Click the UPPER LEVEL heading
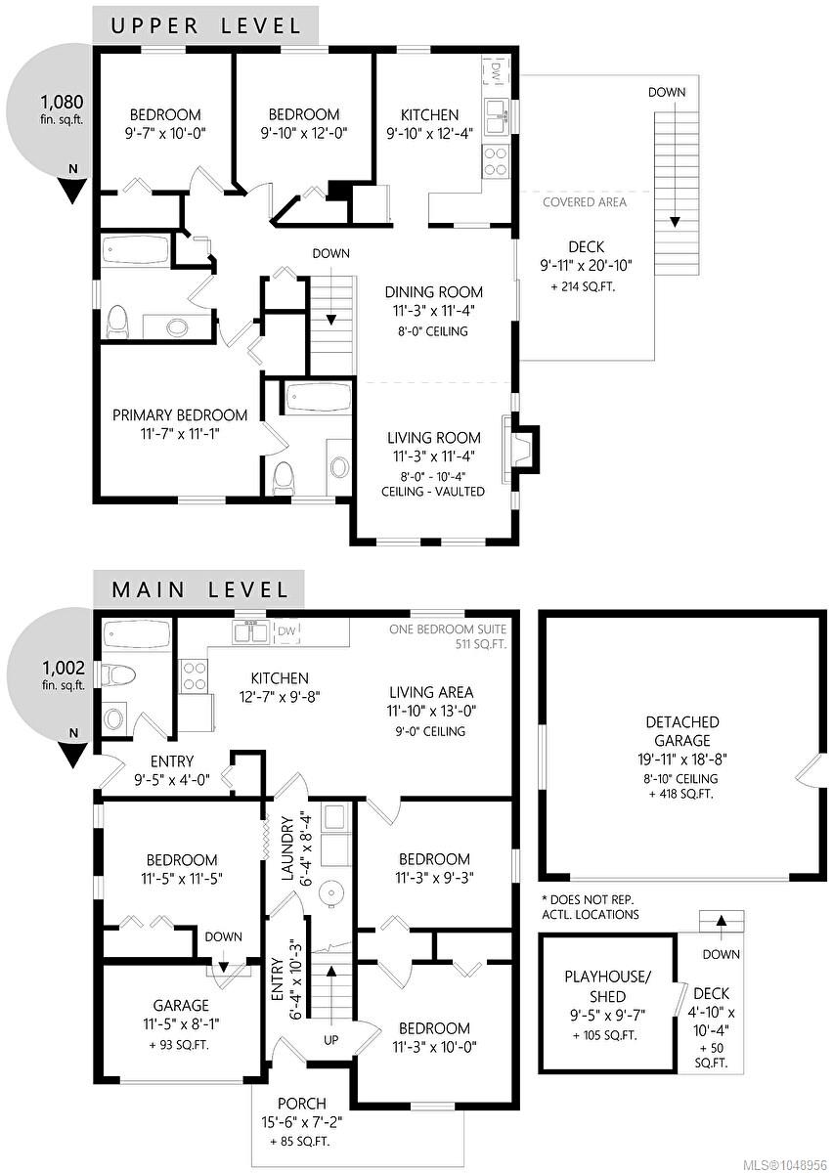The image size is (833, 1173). [206, 25]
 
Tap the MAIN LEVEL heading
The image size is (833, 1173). [199, 589]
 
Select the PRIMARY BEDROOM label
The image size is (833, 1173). [180, 415]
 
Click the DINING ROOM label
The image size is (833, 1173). [434, 291]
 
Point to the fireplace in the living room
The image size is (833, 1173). [520, 449]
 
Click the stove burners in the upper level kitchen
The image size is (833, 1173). [495, 161]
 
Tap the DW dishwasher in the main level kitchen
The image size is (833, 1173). [286, 631]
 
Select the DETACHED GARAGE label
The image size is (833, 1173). [682, 731]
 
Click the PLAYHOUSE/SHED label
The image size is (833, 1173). [608, 986]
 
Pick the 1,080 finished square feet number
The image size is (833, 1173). [63, 101]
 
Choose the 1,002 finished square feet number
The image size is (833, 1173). [64, 668]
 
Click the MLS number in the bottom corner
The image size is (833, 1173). [786, 1164]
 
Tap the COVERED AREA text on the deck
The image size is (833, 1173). [584, 202]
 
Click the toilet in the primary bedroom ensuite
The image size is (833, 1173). [285, 477]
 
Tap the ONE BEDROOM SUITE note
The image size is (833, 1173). [448, 629]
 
